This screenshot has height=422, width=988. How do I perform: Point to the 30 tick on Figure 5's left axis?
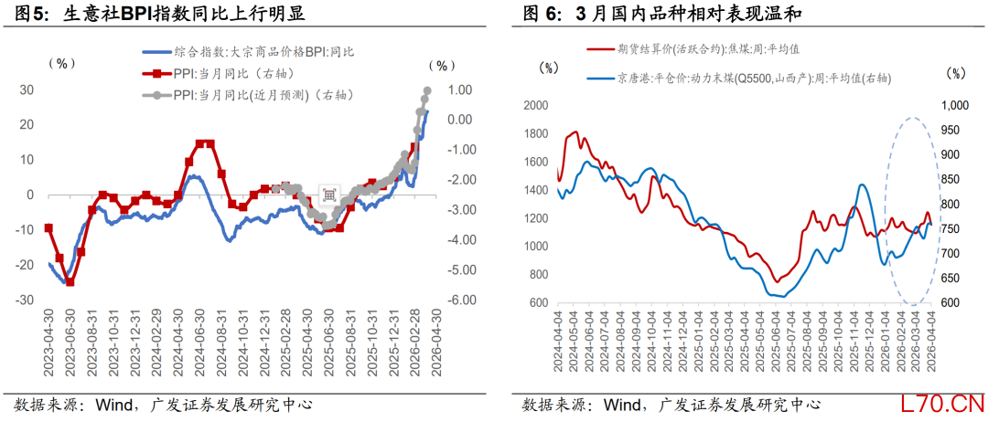click(27, 90)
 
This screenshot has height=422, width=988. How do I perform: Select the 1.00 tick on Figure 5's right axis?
click(458, 90)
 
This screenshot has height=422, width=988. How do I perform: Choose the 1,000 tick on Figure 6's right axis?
click(954, 105)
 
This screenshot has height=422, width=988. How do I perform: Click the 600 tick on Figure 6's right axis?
click(951, 303)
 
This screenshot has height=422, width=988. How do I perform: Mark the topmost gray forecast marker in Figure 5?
click(427, 90)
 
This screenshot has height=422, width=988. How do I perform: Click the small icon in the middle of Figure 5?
click(328, 194)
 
